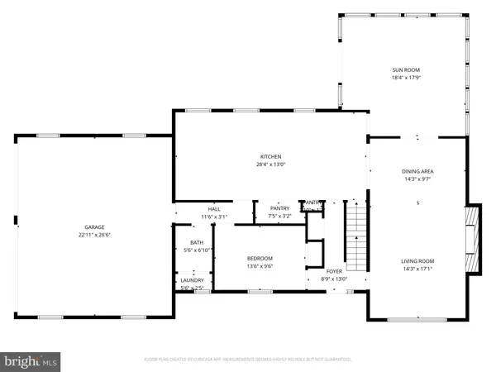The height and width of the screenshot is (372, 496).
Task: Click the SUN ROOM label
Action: click(404, 70)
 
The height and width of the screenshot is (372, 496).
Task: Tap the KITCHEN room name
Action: click(271, 156)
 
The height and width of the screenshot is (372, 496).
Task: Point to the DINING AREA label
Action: click(417, 171)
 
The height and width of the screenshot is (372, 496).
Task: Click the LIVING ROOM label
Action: click(417, 261)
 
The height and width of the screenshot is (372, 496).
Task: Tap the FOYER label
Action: click(334, 270)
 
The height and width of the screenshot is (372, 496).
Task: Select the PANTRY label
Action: click(279, 209)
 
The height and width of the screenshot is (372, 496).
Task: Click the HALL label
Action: click(214, 209)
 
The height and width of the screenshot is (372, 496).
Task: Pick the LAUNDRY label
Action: click(192, 280)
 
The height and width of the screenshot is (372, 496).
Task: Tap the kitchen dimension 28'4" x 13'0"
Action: click(271, 164)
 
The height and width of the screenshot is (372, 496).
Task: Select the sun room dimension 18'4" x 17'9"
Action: click(404, 78)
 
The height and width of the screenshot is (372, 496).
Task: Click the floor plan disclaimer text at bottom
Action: click(248, 360)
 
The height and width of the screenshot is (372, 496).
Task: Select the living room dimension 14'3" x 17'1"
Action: click(417, 269)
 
